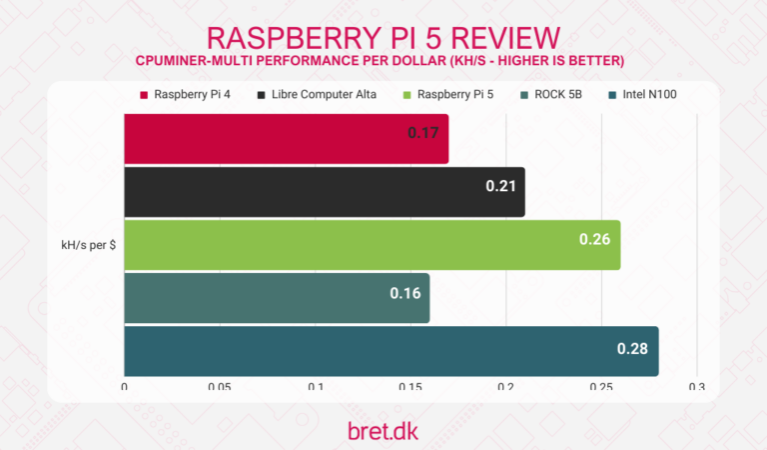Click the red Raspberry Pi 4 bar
pyautogui.click(x=286, y=139)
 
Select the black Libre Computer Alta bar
pyautogui.click(x=325, y=192)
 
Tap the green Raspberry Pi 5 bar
pyautogui.click(x=372, y=245)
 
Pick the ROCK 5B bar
pyautogui.click(x=277, y=298)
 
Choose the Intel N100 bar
pyautogui.click(x=390, y=351)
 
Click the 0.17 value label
pyautogui.click(x=426, y=132)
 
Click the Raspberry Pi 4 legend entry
pyautogui.click(x=186, y=95)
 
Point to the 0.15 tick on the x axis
pyautogui.click(x=410, y=387)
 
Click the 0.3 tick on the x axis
pyautogui.click(x=696, y=387)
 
